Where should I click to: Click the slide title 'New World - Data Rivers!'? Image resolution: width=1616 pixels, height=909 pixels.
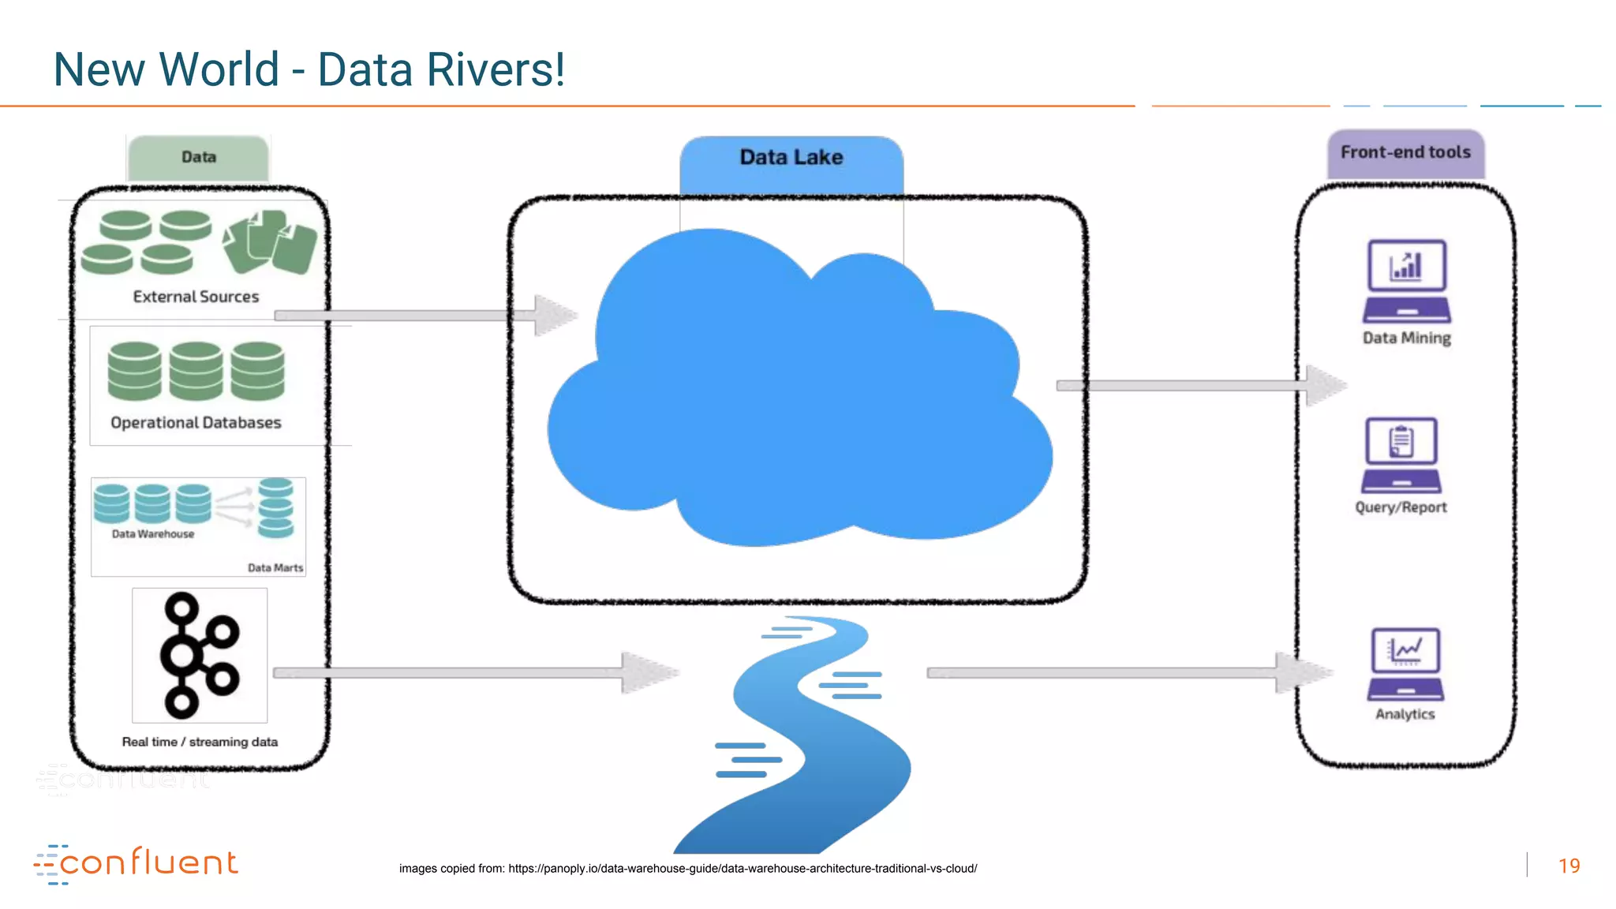[309, 69]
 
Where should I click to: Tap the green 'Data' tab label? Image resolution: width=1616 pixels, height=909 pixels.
[198, 157]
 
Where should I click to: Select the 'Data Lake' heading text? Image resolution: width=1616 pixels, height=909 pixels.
[791, 157]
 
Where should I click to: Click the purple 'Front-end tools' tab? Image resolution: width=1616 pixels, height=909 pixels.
[1405, 152]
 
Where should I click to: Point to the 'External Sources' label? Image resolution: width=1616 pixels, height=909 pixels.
[196, 297]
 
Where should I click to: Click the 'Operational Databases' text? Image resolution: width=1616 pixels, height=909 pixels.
[196, 423]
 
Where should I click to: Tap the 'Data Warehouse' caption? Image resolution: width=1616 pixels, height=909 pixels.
[152, 534]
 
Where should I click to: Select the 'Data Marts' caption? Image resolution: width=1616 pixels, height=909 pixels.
[275, 567]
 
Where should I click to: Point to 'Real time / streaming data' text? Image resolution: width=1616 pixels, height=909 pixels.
[200, 742]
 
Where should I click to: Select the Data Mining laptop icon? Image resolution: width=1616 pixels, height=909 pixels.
[1406, 281]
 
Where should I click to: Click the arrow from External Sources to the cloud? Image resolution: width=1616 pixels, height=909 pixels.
[426, 316]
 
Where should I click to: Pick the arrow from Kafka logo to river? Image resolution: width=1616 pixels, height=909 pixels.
[473, 673]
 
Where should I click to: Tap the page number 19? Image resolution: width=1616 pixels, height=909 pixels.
[1569, 866]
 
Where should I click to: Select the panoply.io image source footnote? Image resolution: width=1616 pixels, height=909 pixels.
[687, 868]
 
